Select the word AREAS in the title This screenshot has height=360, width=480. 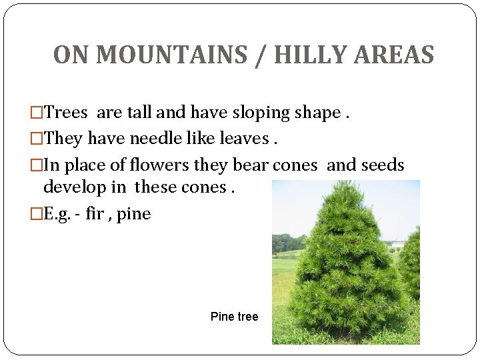[395, 55]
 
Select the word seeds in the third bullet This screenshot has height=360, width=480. [380, 165]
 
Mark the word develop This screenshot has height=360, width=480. [74, 187]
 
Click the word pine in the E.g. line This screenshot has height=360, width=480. [134, 214]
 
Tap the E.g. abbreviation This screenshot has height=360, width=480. [57, 214]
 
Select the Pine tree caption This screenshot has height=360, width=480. [234, 317]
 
